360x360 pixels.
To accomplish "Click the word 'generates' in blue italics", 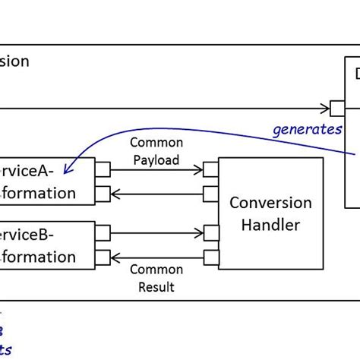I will pos(307,128).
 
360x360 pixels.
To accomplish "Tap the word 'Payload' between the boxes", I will pos(156,159).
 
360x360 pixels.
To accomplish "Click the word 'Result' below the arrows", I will pos(156,286).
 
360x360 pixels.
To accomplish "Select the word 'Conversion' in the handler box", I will pos(271,203).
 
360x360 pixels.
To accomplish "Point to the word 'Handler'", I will pos(271,225).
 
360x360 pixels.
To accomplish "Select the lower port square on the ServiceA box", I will pos(102,192).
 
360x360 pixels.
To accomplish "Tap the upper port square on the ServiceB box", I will pos(102,231).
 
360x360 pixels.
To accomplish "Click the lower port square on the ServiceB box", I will pos(102,256).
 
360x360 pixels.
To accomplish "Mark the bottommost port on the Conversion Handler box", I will pos(211,256).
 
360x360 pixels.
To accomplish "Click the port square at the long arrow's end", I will pos(337,107).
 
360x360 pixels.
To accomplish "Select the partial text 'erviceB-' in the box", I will pos(38,232).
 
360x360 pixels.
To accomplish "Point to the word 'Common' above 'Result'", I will pos(156,270).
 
